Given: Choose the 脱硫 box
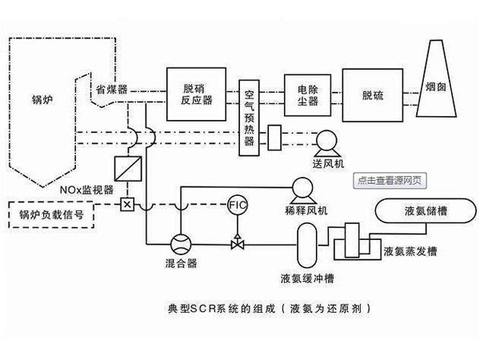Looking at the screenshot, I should pyautogui.click(x=372, y=94).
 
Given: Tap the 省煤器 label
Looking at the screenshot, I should pyautogui.click(x=112, y=88).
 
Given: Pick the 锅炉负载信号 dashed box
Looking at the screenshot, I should pyautogui.click(x=51, y=214).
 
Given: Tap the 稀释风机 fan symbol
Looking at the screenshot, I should pyautogui.click(x=302, y=190).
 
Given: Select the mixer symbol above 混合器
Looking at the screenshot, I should pyautogui.click(x=182, y=242).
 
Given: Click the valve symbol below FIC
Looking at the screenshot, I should pyautogui.click(x=238, y=242).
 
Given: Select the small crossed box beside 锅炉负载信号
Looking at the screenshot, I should pyautogui.click(x=126, y=205).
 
